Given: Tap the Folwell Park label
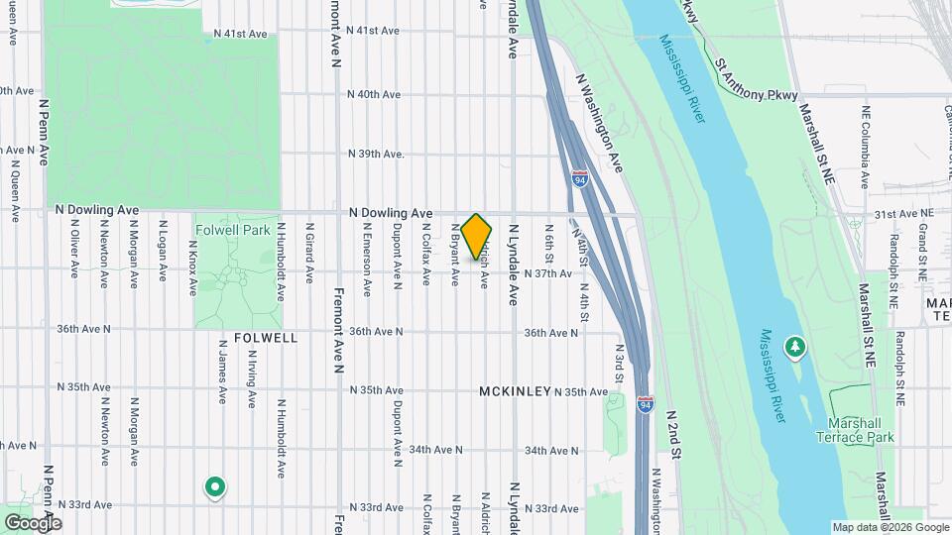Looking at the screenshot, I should tap(232, 230).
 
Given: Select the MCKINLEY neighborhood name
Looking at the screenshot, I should tap(515, 391).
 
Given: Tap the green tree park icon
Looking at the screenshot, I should tap(794, 348).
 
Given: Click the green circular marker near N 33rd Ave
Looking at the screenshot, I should tap(214, 486).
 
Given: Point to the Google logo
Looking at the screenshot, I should tap(32, 522).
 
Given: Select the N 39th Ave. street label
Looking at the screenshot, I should tap(377, 154).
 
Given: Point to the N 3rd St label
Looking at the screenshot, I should tap(618, 363).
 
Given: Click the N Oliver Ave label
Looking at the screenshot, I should tap(74, 248).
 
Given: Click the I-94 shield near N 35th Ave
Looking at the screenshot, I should tap(646, 405).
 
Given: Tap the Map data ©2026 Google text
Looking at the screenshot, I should tap(889, 527).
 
